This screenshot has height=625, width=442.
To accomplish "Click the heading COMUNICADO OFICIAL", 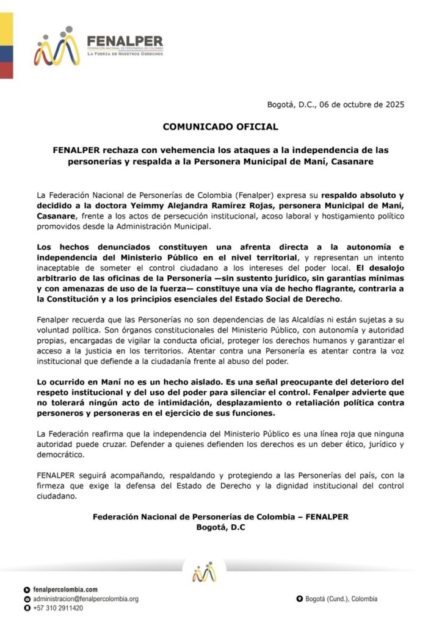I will coord(220,127).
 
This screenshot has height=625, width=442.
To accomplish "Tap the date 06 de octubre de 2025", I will coord(358,104).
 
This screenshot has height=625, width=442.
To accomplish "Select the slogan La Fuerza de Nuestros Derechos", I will coord(125,54).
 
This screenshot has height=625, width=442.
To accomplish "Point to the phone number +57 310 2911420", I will coord(59,609).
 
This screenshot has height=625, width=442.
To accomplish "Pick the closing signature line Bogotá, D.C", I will coord(220,527).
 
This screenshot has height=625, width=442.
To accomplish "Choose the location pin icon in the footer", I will coord(300,599).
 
